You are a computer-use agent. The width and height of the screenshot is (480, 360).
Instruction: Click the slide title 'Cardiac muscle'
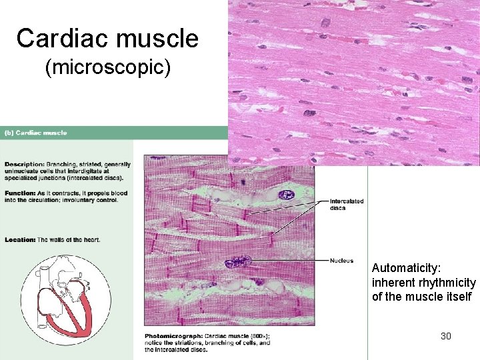[x=107, y=38]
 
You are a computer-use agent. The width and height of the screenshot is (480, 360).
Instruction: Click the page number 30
[x=446, y=336]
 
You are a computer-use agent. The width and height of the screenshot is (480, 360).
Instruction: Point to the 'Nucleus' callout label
[x=341, y=260]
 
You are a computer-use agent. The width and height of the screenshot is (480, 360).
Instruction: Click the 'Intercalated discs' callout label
[x=347, y=204]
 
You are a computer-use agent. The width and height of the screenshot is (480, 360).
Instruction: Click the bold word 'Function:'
[x=19, y=193]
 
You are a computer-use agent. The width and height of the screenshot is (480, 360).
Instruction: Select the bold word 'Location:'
[x=19, y=240]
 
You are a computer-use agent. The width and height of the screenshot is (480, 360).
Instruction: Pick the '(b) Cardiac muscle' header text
[x=37, y=133]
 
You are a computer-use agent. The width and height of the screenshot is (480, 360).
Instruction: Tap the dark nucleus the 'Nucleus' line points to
[x=235, y=261]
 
